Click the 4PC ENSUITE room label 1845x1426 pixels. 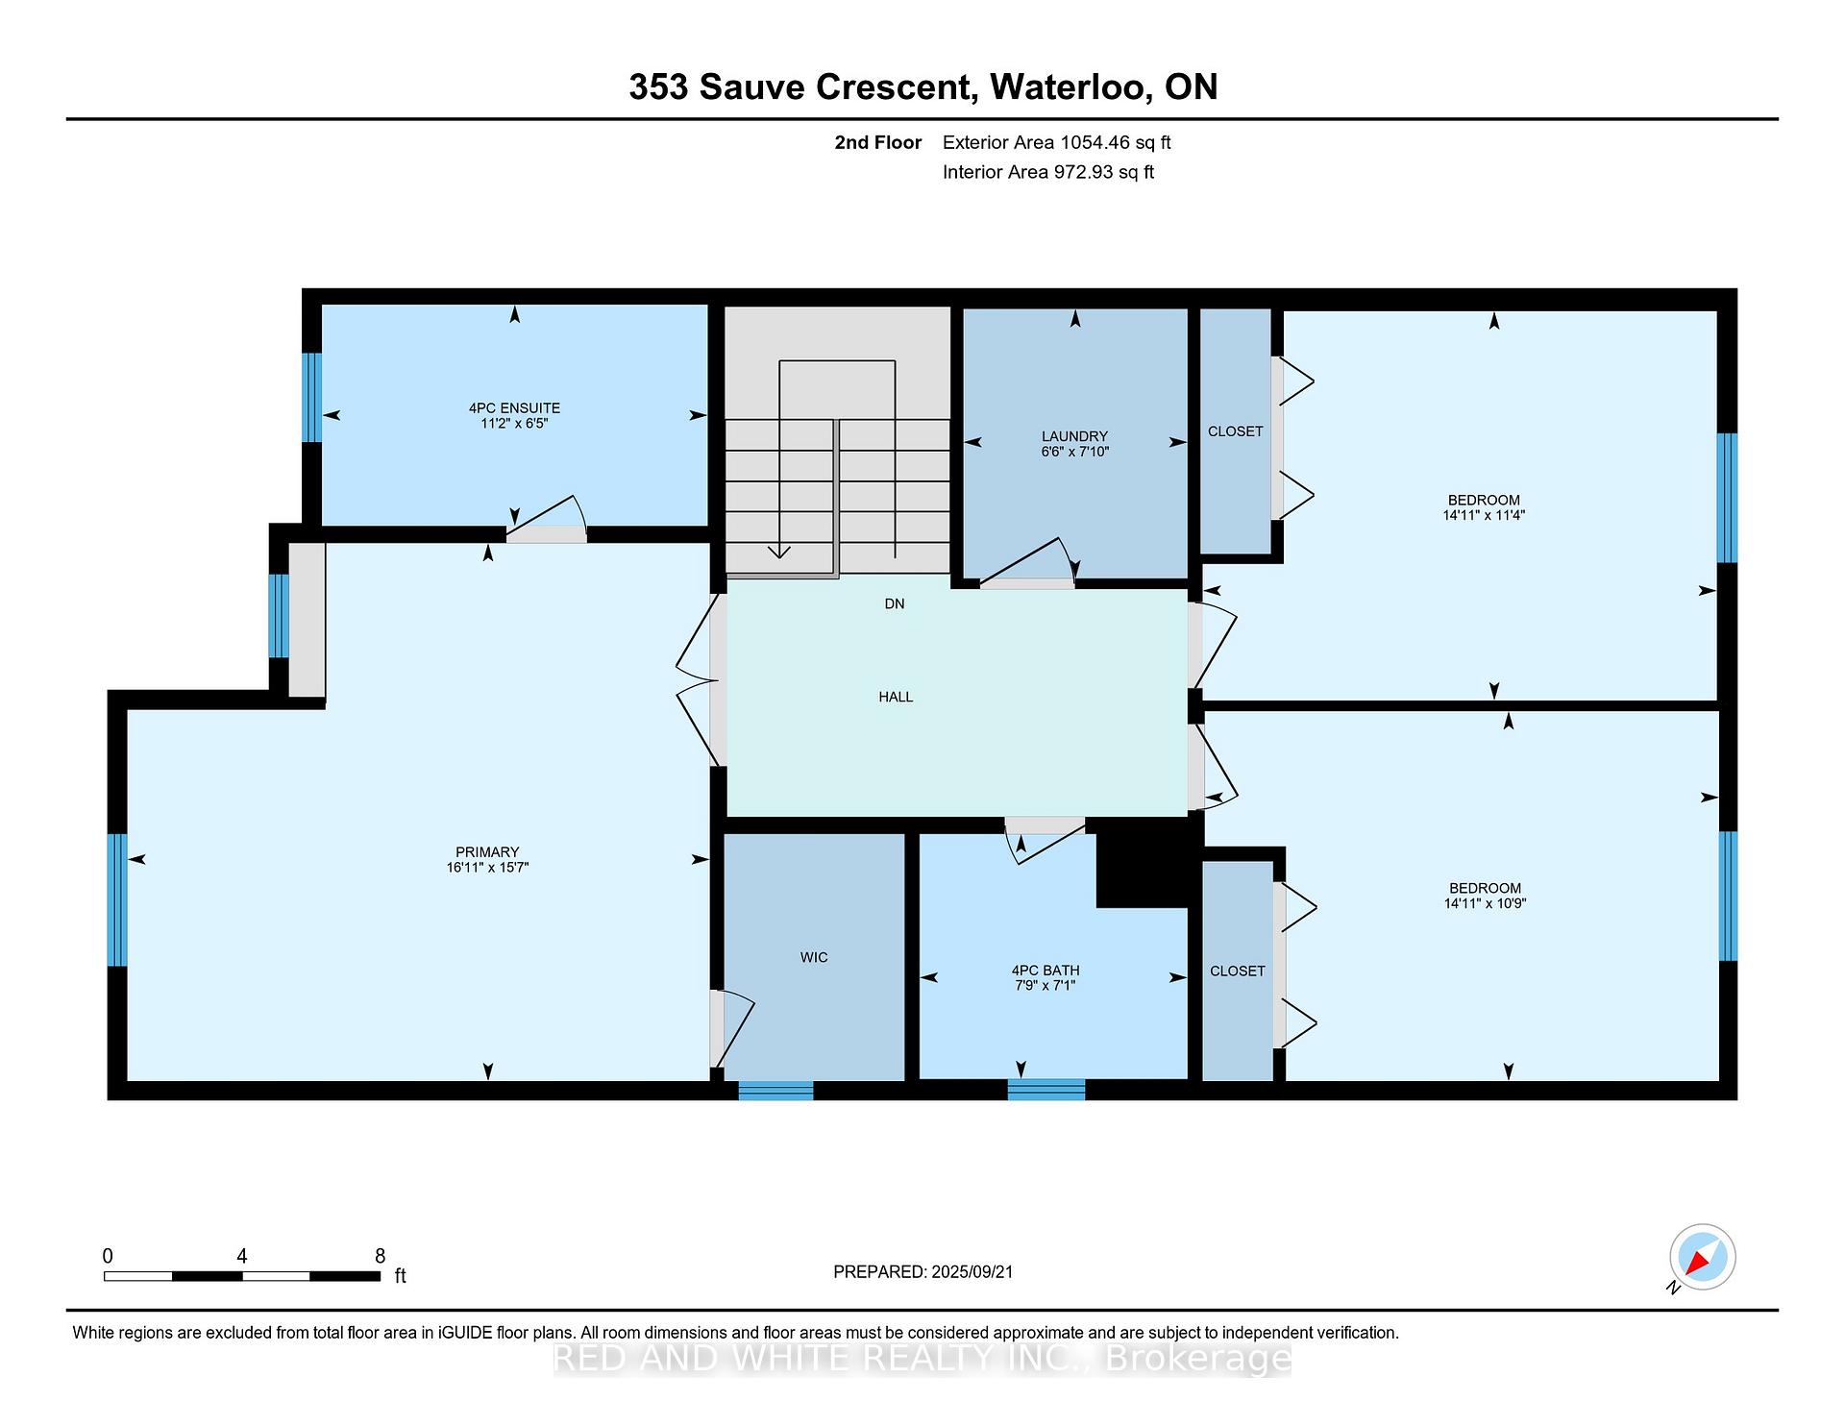tap(514, 408)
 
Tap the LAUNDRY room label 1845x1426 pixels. tap(1074, 436)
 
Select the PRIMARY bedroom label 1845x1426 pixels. tap(487, 852)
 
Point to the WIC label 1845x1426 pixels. tap(814, 958)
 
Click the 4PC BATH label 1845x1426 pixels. tap(1045, 971)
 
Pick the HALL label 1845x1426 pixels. tap(896, 697)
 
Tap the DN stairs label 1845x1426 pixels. tap(895, 603)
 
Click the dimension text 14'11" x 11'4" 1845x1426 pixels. tap(1484, 515)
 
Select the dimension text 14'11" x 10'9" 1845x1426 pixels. tap(1485, 903)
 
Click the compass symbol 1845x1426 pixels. tap(1702, 1257)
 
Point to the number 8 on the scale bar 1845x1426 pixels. tap(381, 1256)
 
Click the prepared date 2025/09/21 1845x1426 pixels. tap(972, 1272)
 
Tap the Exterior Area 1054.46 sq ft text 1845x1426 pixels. tap(1056, 143)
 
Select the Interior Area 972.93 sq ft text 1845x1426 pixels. tap(1048, 173)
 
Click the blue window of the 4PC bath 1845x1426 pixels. tap(1046, 1090)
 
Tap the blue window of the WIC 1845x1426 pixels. tap(775, 1090)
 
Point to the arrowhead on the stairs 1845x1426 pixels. tap(779, 552)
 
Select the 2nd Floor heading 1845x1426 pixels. tap(878, 143)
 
